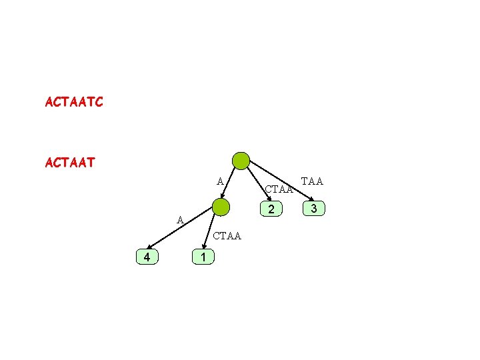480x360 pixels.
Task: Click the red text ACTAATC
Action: point(74,103)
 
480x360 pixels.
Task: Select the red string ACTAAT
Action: point(69,162)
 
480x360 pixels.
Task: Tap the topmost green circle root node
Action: point(240,161)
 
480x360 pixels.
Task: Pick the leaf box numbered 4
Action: point(146,257)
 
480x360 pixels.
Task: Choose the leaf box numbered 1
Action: point(203,257)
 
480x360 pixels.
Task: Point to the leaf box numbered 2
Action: point(271,210)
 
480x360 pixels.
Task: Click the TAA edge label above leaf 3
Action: point(312,181)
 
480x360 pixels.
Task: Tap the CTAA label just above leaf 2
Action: point(279,190)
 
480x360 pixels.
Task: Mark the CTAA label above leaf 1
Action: point(227,237)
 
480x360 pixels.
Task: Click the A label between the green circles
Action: point(219,181)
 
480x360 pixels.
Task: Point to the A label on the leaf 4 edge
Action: point(180,220)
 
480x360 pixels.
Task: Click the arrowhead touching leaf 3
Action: point(307,199)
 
